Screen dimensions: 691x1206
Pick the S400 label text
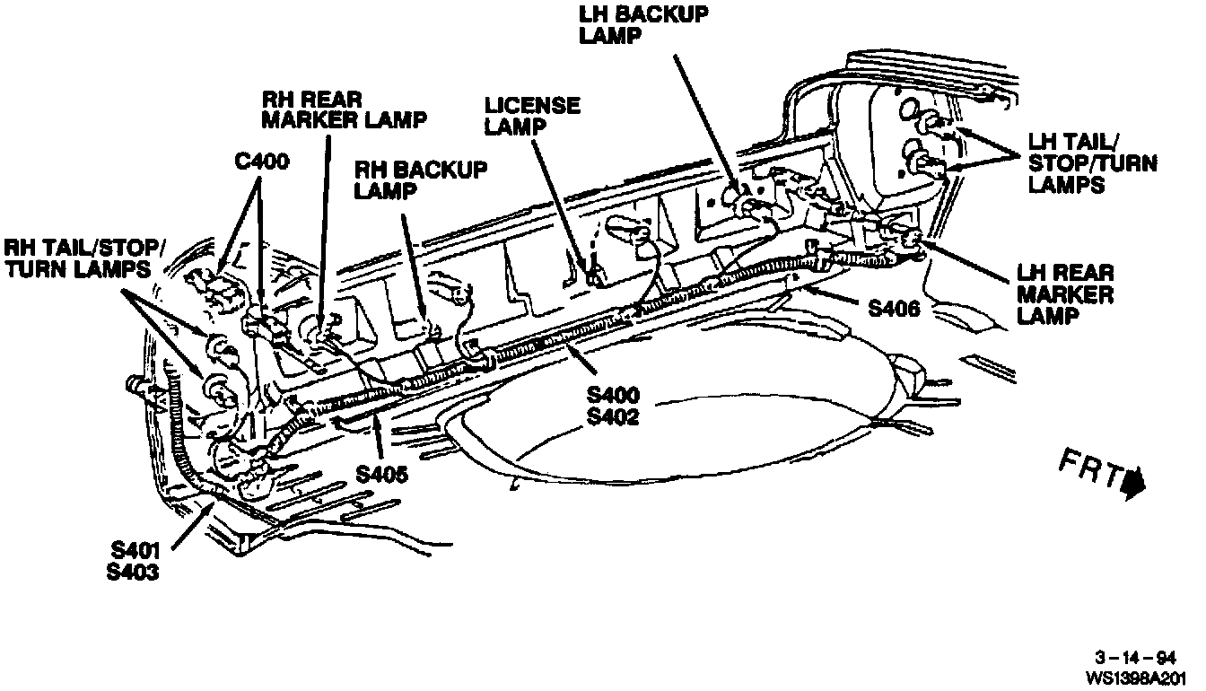(613, 395)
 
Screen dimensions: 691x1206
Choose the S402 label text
(613, 416)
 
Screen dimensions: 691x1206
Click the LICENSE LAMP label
(532, 115)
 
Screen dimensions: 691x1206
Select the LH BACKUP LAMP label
(644, 25)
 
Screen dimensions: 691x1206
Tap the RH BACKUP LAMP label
(422, 179)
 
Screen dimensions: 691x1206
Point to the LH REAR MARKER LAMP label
(1065, 294)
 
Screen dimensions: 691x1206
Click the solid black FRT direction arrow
(1134, 482)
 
